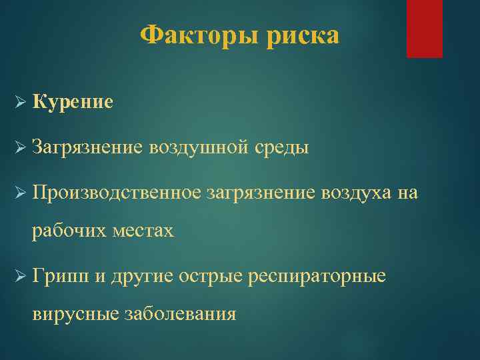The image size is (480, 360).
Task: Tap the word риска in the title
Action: click(x=303, y=35)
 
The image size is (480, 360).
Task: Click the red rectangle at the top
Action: click(x=425, y=29)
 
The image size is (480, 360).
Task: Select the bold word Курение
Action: click(x=73, y=102)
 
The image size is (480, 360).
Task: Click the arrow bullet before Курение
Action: click(x=19, y=103)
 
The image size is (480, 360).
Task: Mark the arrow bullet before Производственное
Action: click(x=19, y=193)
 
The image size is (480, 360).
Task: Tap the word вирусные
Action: click(x=75, y=313)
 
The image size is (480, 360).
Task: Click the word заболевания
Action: click(x=181, y=313)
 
